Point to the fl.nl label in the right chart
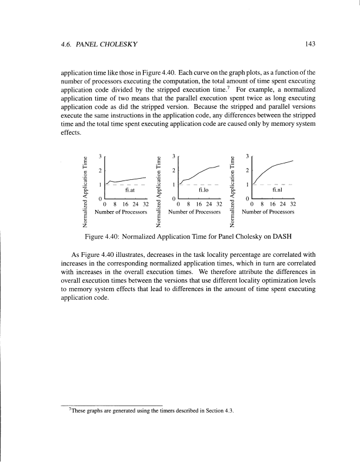[278, 190]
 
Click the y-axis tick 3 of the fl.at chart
[101, 155]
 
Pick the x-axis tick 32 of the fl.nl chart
[292, 205]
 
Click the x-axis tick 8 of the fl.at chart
[115, 205]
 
